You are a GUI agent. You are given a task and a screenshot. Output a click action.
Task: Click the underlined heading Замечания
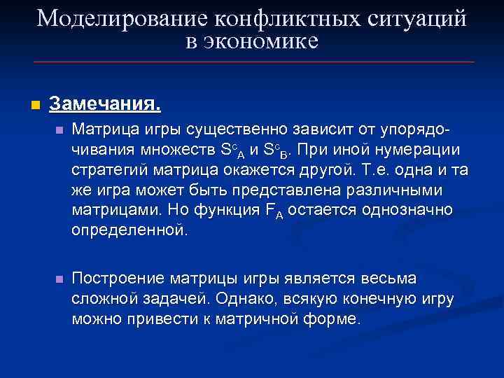(105, 105)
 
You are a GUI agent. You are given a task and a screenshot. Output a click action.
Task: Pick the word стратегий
(104, 170)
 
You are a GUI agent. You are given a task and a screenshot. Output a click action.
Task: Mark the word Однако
(245, 299)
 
